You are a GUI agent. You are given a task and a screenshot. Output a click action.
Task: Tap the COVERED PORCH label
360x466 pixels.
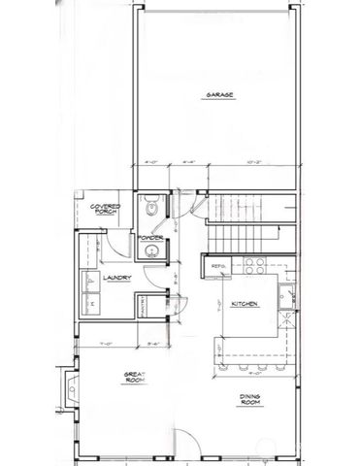pyautogui.click(x=104, y=211)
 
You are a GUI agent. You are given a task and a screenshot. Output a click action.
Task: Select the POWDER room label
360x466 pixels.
pyautogui.click(x=149, y=238)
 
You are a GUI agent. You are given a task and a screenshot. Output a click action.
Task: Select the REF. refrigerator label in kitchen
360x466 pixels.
pyautogui.click(x=218, y=266)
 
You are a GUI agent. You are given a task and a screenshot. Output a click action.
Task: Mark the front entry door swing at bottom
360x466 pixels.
pyautogui.click(x=184, y=443)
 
